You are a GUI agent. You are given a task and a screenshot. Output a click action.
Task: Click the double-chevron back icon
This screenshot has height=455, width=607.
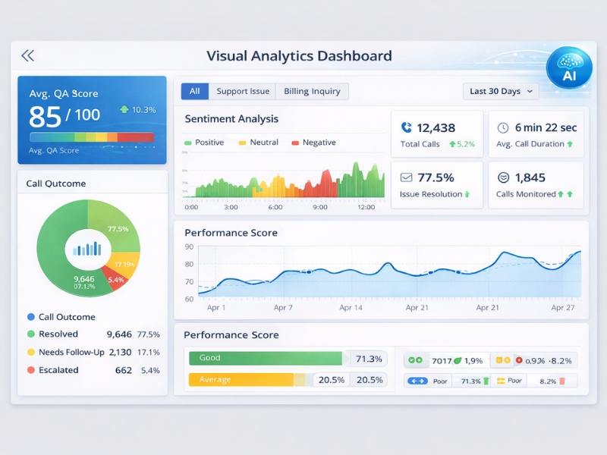(x=28, y=55)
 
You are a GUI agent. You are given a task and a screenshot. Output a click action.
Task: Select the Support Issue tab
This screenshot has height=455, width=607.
(x=243, y=91)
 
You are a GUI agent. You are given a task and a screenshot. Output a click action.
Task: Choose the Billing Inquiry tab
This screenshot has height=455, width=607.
(x=312, y=91)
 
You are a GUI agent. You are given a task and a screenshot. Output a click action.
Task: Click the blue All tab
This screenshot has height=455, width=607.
(x=194, y=91)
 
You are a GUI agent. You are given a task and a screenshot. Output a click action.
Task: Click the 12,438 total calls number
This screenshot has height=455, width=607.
(x=436, y=128)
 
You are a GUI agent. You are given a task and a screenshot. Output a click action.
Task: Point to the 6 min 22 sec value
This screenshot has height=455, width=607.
(x=546, y=127)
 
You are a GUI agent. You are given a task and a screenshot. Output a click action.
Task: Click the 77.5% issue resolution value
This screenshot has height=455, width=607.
(x=436, y=177)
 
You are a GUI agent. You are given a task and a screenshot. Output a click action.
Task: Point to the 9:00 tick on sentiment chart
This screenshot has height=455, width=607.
(x=320, y=207)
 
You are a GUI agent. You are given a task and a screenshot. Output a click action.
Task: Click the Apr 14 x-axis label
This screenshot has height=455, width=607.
(x=351, y=308)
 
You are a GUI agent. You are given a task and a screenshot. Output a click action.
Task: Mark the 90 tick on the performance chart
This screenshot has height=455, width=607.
(x=189, y=247)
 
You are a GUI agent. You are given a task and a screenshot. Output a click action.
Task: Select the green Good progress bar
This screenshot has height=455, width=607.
(x=266, y=358)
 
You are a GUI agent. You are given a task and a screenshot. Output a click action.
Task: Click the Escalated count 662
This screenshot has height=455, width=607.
(x=124, y=370)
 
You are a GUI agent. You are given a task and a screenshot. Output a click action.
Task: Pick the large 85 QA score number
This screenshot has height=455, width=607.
(x=45, y=116)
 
